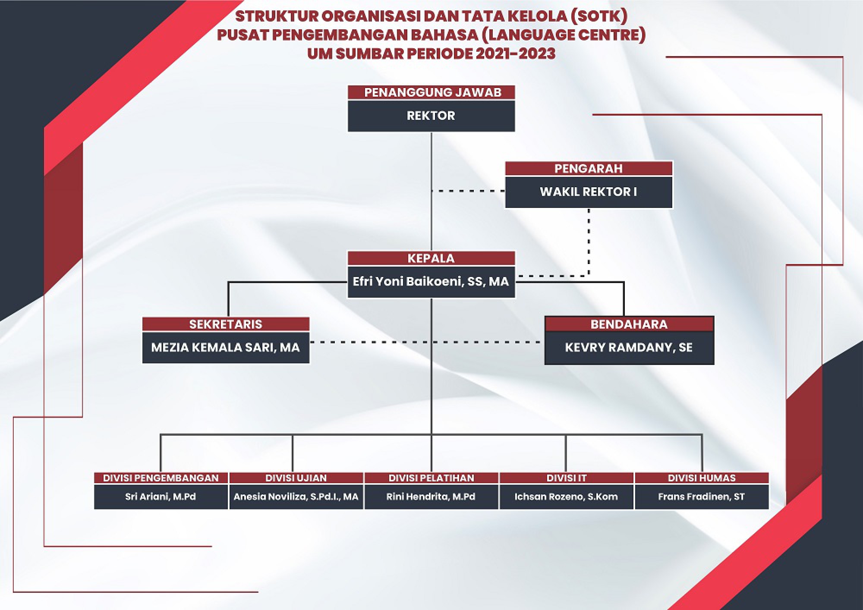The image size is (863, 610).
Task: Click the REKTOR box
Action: [431, 116]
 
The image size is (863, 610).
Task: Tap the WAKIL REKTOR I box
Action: [589, 192]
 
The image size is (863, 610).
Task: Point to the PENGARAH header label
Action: [589, 168]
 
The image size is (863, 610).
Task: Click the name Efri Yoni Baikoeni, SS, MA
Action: [431, 282]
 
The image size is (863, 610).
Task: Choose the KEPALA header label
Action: [431, 258]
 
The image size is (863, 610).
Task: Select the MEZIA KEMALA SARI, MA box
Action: [226, 348]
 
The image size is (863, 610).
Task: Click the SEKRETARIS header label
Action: [226, 324]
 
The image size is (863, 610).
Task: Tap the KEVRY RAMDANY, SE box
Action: [629, 348]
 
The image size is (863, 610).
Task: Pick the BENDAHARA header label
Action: [629, 324]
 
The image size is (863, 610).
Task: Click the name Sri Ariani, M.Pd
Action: [161, 497]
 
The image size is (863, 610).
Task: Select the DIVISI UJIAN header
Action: [296, 478]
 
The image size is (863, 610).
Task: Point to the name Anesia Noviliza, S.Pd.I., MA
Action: [296, 497]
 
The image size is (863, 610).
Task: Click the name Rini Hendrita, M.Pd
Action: [431, 497]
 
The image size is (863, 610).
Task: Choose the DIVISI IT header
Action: [566, 478]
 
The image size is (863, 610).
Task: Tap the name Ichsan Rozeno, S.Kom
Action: [566, 497]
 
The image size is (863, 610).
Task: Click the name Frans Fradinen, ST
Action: [702, 497]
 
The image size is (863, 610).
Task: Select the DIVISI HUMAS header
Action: [702, 478]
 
